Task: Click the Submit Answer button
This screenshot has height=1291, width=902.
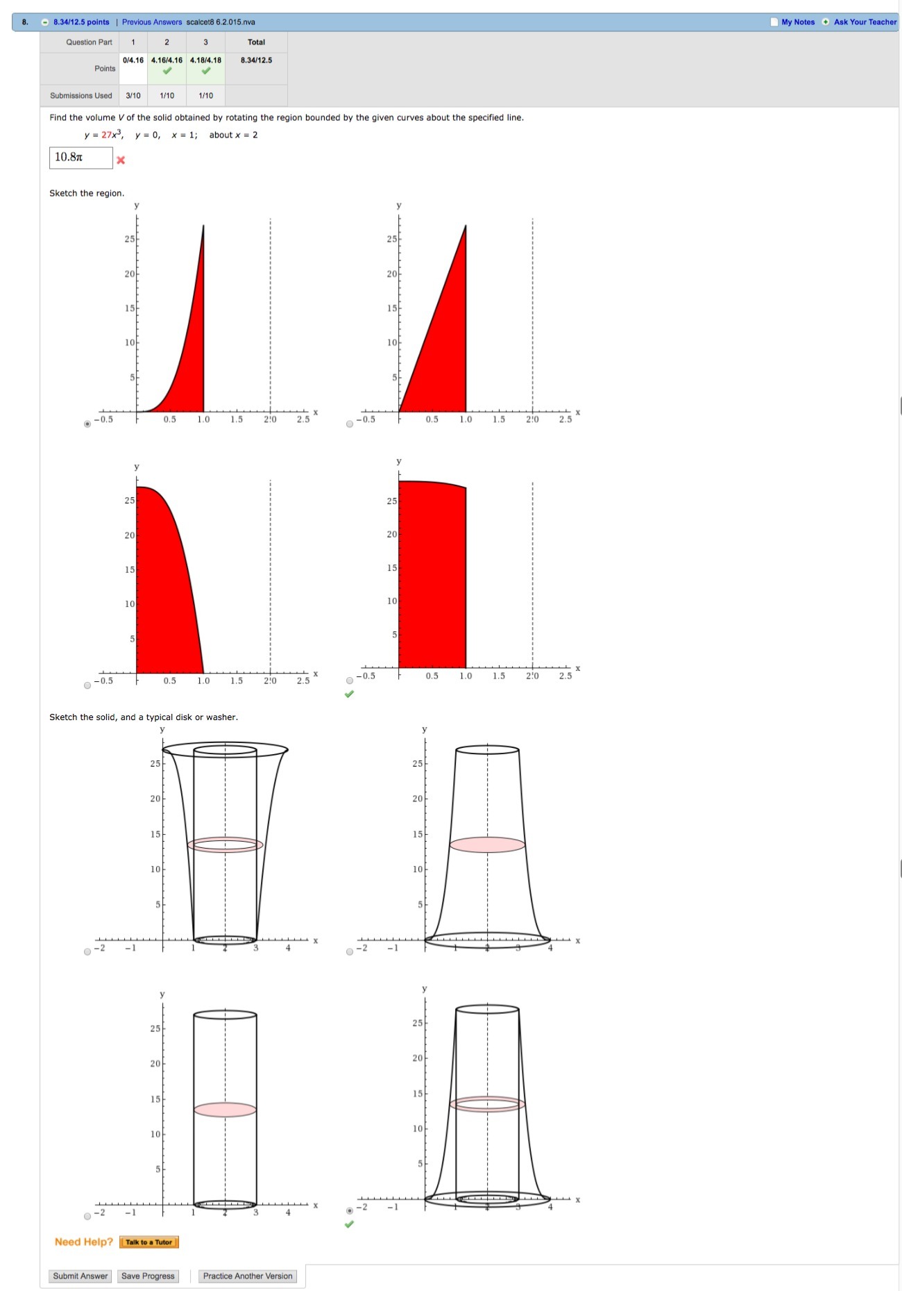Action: (x=80, y=1276)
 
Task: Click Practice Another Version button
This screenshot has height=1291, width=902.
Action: (x=248, y=1276)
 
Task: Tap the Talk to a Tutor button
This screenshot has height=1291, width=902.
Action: (x=149, y=1242)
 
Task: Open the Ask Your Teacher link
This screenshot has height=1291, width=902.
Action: (x=865, y=22)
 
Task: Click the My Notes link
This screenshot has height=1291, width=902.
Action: (x=798, y=22)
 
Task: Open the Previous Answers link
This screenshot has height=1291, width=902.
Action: (x=152, y=22)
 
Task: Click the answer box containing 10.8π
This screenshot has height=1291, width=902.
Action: (x=80, y=158)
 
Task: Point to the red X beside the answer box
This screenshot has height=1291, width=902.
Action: (x=121, y=160)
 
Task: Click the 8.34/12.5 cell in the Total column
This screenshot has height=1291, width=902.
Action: (x=256, y=60)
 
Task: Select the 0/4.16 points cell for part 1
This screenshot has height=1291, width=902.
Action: (x=133, y=60)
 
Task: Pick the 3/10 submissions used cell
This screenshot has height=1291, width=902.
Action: (x=133, y=96)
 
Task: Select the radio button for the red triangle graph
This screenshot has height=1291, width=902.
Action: (x=350, y=424)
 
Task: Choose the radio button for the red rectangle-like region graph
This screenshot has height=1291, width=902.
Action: (x=350, y=681)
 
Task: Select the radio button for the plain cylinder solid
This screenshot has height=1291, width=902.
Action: (x=87, y=1216)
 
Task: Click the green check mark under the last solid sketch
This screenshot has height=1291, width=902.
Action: (x=349, y=1224)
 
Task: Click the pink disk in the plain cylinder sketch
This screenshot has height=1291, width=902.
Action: (x=225, y=1109)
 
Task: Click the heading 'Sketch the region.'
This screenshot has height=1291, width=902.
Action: (x=87, y=193)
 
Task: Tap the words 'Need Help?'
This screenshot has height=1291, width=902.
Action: (x=84, y=1242)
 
